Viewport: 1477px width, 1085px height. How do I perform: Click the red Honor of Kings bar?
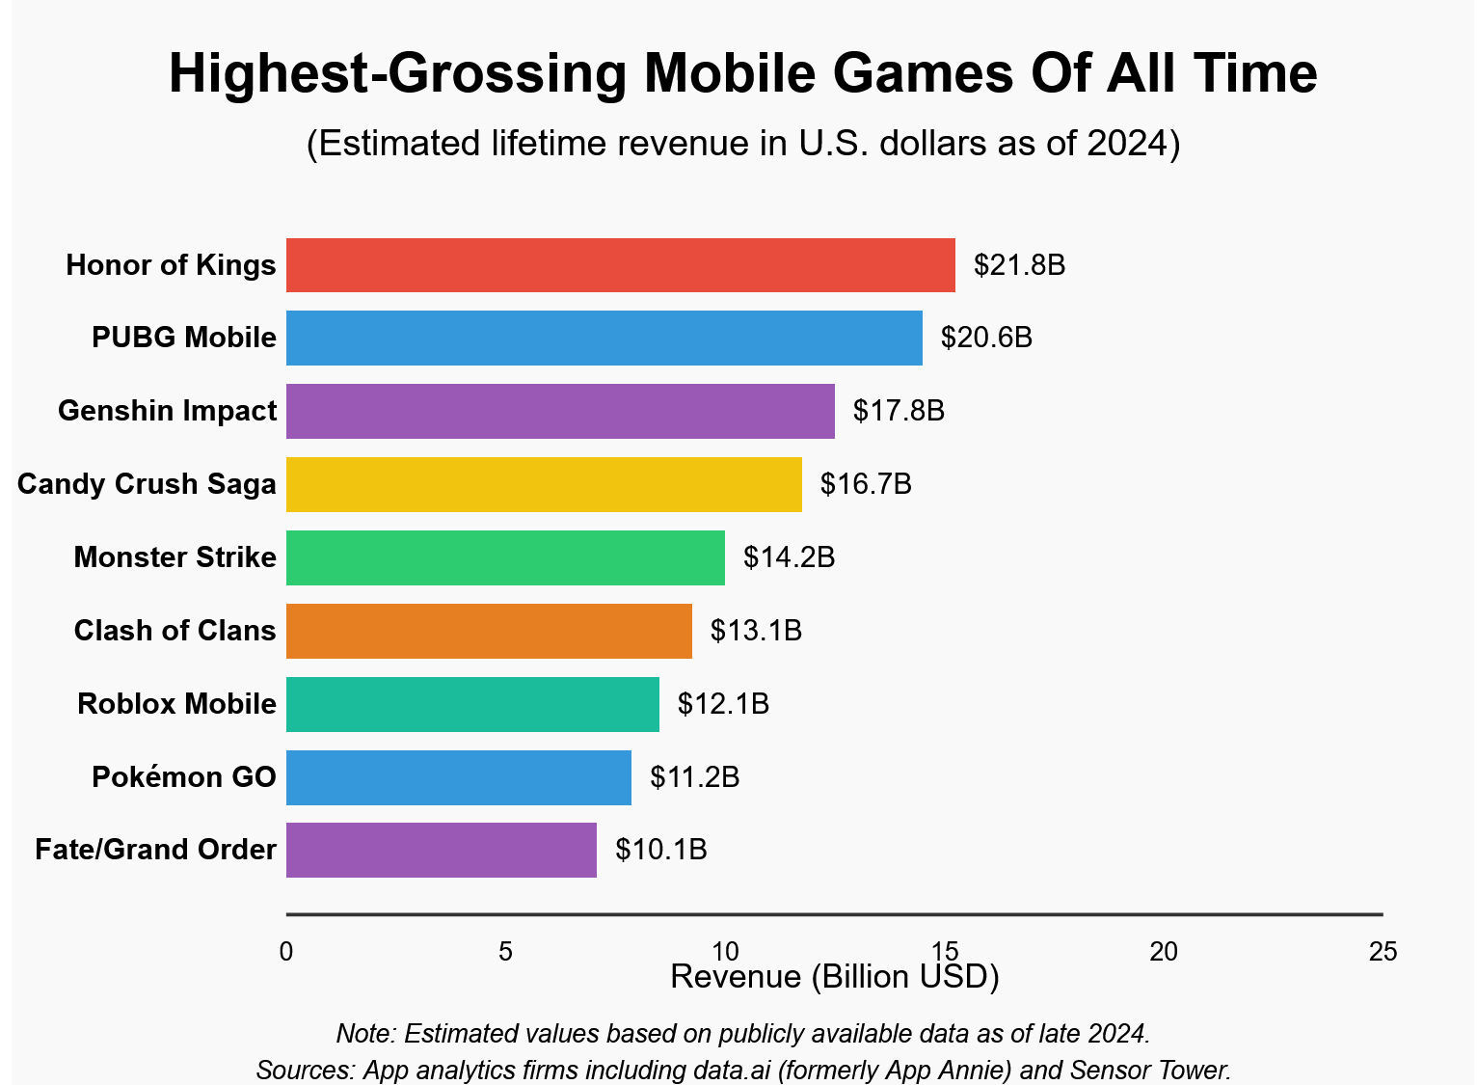[x=620, y=265]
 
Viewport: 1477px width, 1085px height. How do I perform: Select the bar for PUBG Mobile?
[x=604, y=338]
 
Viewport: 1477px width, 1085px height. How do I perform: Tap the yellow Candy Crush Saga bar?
[x=544, y=484]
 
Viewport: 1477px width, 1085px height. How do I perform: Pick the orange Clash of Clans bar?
[x=489, y=631]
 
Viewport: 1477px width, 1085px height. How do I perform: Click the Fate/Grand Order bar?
[x=442, y=850]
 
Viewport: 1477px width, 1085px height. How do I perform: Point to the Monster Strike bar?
[x=505, y=557]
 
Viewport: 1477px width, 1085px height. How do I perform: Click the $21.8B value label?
[x=1019, y=265]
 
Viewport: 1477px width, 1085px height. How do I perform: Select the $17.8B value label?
[x=899, y=411]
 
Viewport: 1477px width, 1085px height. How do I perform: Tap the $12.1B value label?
[x=723, y=704]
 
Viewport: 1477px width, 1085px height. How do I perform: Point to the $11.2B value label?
[x=694, y=777]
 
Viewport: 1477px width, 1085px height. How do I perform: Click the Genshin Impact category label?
[x=167, y=411]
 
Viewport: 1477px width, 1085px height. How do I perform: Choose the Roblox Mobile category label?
[x=176, y=704]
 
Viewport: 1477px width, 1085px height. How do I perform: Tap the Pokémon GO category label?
[x=183, y=777]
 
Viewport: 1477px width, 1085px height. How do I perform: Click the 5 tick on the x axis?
[x=505, y=952]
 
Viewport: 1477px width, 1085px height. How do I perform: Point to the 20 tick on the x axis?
[x=1164, y=952]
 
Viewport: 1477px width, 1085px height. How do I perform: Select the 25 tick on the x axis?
[x=1383, y=952]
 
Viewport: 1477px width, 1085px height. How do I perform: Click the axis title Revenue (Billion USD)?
[x=834, y=977]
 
